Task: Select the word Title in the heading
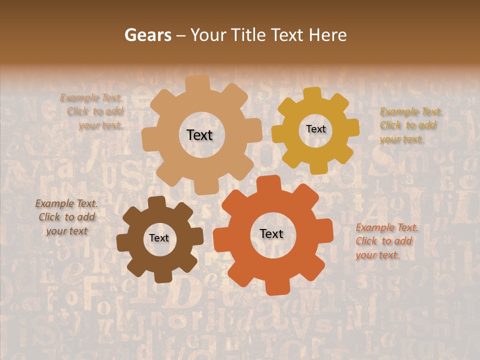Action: click(248, 35)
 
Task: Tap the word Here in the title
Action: click(327, 35)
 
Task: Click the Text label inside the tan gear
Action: click(199, 135)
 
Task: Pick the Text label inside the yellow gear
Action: click(315, 129)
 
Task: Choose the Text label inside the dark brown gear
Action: click(159, 238)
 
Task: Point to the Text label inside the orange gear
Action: click(271, 233)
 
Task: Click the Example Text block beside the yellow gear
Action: click(410, 125)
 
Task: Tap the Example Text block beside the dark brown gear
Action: click(66, 217)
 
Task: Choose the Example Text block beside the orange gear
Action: click(386, 241)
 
